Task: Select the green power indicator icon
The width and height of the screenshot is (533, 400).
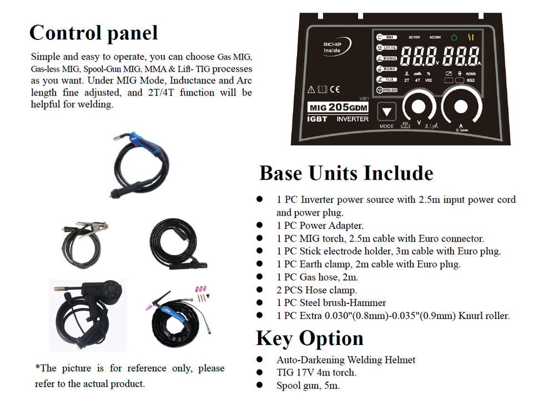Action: click(454, 38)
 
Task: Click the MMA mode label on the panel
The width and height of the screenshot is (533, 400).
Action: click(390, 38)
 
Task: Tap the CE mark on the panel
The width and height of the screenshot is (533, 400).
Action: click(334, 89)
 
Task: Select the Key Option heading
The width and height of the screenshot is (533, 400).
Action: click(309, 338)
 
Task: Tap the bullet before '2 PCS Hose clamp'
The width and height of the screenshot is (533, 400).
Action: click(259, 290)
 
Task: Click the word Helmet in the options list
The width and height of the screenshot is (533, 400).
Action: click(399, 360)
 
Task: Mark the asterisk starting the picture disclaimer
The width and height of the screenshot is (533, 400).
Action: click(38, 367)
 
